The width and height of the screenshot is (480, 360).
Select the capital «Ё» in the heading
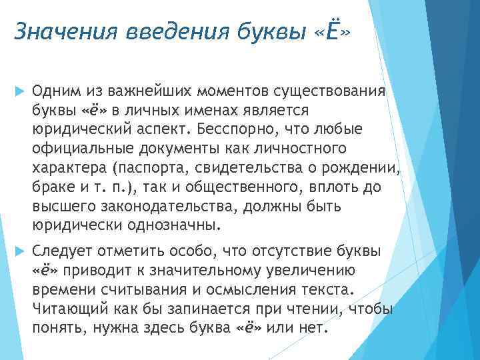point(324,30)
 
